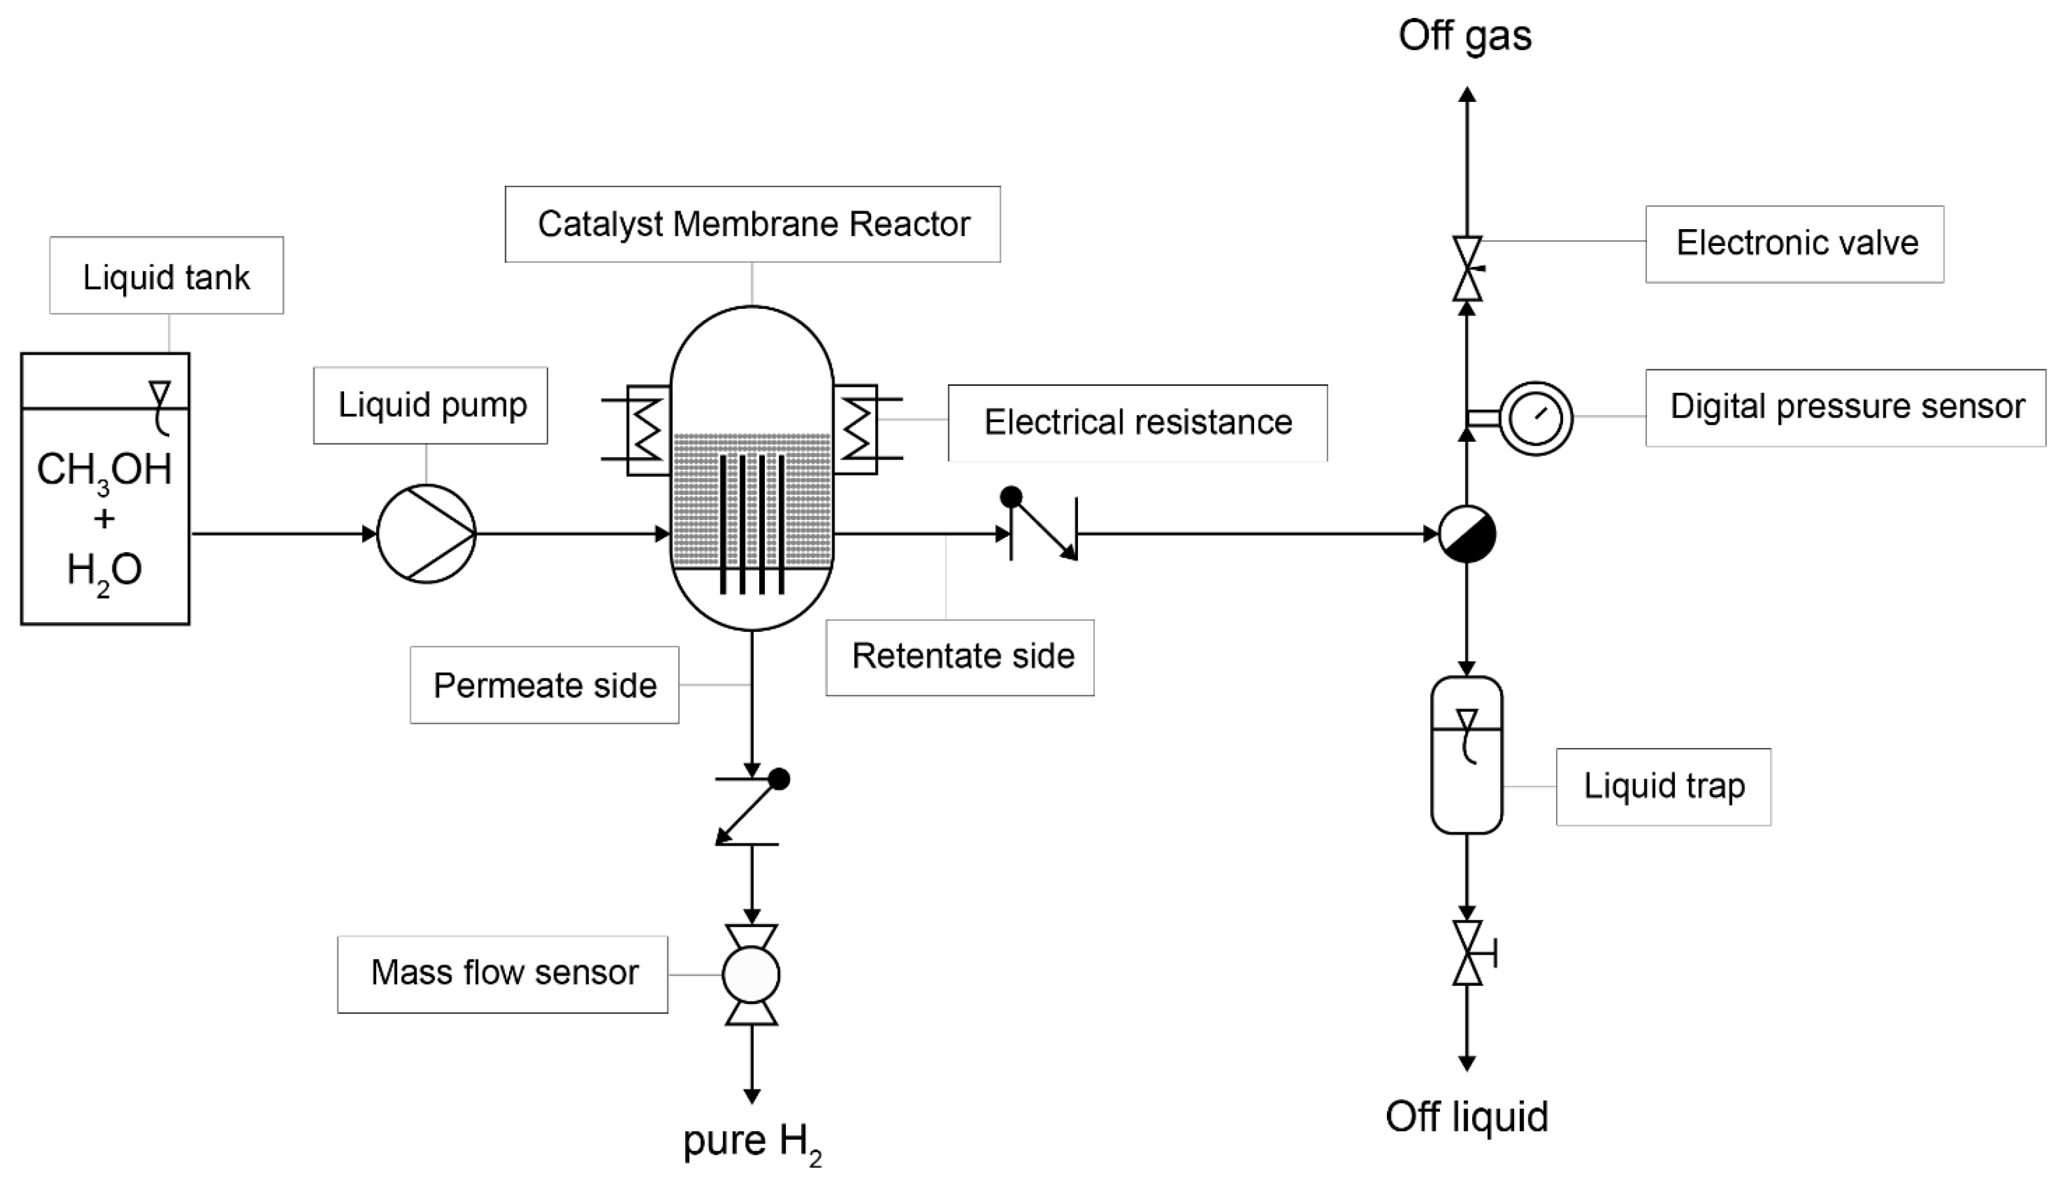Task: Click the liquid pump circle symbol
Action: click(x=426, y=533)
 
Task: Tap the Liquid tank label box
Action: click(x=166, y=276)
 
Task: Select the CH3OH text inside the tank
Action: click(x=104, y=470)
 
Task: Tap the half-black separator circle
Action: click(x=1467, y=533)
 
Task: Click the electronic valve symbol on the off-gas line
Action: click(x=1467, y=268)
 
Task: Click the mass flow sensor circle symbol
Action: click(x=751, y=975)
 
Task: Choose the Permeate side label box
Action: click(x=544, y=685)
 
